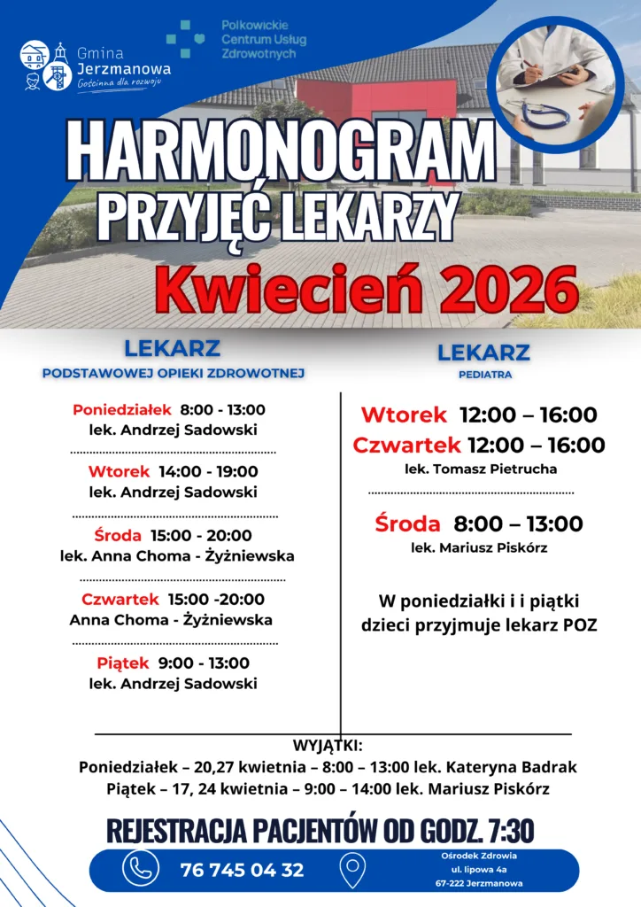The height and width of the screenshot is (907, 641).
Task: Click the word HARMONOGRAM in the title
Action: [281, 149]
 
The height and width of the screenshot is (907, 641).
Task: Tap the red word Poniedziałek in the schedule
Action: [122, 410]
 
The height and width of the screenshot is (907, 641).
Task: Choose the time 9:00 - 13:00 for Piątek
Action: [217, 663]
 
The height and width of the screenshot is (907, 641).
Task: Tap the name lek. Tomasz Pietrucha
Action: [481, 469]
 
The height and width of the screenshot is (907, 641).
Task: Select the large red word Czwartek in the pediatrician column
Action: [406, 445]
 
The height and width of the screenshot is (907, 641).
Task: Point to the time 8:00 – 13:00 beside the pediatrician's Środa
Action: [518, 523]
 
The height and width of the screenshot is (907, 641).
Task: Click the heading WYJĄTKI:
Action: [328, 745]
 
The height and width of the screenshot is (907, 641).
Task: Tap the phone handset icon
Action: [141, 869]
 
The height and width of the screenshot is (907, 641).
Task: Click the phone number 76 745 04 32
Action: [242, 870]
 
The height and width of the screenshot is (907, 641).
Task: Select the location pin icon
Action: [352, 869]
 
